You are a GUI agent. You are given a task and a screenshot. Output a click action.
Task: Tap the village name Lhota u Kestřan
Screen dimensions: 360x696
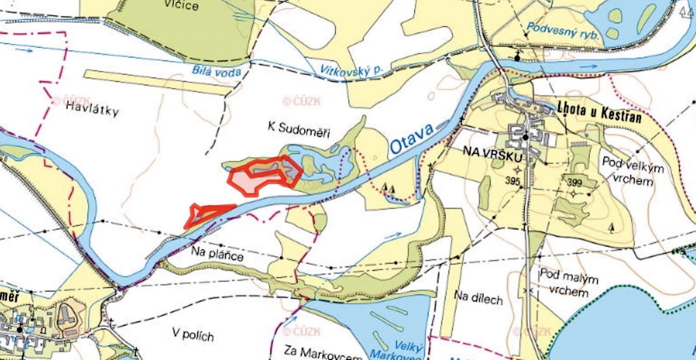[x=599, y=113]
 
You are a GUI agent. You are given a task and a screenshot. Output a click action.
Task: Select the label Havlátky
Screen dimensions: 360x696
[x=92, y=109]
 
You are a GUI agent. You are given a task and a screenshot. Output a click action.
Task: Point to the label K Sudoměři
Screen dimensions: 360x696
[x=299, y=130]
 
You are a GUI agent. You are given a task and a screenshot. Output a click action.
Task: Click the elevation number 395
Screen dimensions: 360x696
[x=513, y=181]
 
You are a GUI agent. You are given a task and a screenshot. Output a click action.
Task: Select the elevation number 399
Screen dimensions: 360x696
[x=575, y=183]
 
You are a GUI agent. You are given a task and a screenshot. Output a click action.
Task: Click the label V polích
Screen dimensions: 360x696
[x=193, y=334]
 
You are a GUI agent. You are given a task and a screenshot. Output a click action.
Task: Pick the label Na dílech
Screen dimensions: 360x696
[x=478, y=297]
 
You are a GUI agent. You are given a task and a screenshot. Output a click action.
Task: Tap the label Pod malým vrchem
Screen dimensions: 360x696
[x=569, y=283]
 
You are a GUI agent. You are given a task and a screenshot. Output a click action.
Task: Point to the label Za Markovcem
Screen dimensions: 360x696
[x=323, y=353]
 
